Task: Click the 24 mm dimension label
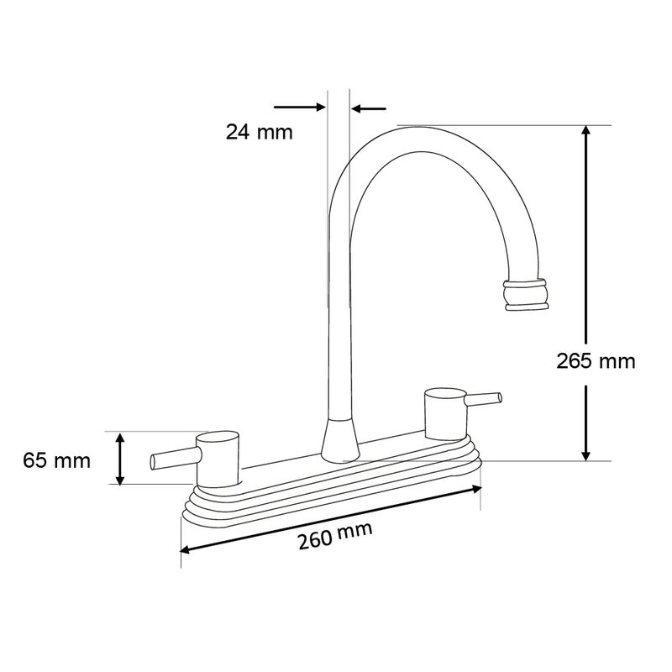[x=260, y=132]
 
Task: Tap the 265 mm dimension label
[x=596, y=361]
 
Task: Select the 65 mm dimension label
[x=56, y=461]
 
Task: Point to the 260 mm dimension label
[x=335, y=536]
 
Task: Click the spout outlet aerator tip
[x=526, y=295]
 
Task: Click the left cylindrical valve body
[x=218, y=459]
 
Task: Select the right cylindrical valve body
[x=445, y=414]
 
